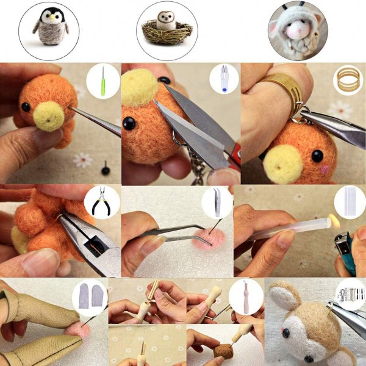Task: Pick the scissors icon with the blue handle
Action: [x=224, y=80]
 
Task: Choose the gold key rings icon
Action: [x=348, y=80]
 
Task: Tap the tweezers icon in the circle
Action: [x=217, y=201]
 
